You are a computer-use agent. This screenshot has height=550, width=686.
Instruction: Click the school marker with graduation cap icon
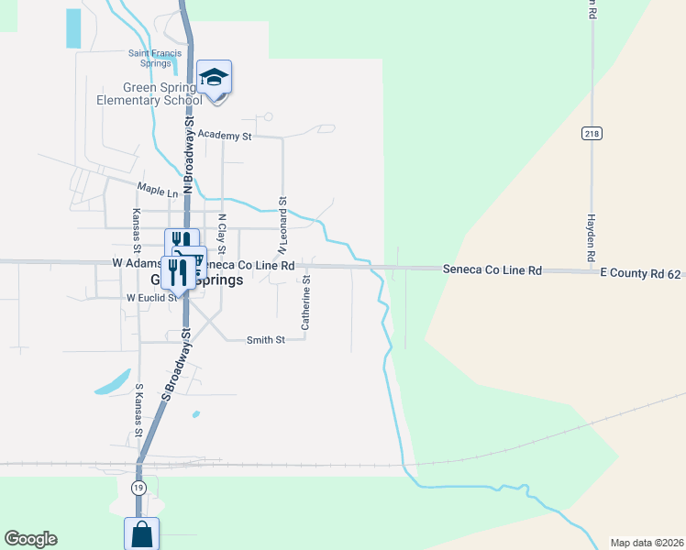click(214, 77)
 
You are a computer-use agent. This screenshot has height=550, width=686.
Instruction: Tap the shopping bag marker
click(142, 533)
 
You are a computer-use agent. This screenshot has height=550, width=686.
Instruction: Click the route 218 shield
click(591, 134)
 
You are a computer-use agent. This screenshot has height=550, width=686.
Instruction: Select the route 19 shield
click(138, 486)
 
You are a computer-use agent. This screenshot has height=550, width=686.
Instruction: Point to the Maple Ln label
click(157, 192)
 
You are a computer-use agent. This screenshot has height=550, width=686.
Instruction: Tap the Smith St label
click(266, 340)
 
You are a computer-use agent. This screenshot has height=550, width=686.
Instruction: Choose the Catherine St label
click(307, 302)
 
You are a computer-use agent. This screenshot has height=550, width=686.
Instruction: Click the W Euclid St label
click(151, 298)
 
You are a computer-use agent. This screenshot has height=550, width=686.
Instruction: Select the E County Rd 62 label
click(641, 273)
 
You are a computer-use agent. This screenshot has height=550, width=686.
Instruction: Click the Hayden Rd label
click(592, 236)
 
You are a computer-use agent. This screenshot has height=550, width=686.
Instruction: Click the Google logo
click(30, 539)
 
